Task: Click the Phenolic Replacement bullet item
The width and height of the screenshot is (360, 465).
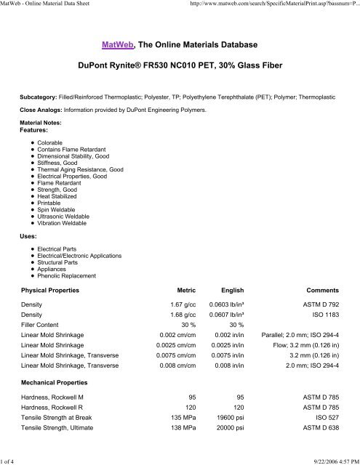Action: click(72, 276)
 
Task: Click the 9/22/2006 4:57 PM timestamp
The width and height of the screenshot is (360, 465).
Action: click(329, 459)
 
